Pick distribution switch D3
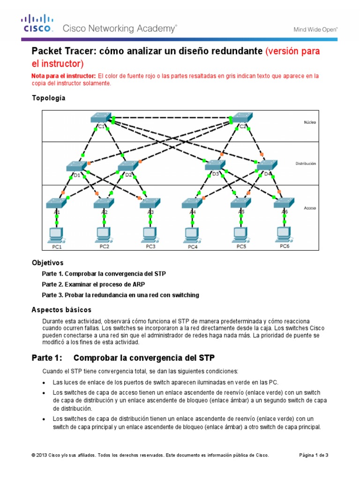(x=215, y=165)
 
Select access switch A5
(x=241, y=203)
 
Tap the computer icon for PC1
(x=56, y=233)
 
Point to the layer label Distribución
(x=305, y=164)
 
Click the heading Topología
(x=48, y=98)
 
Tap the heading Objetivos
(x=47, y=263)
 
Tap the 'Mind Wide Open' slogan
(x=315, y=29)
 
